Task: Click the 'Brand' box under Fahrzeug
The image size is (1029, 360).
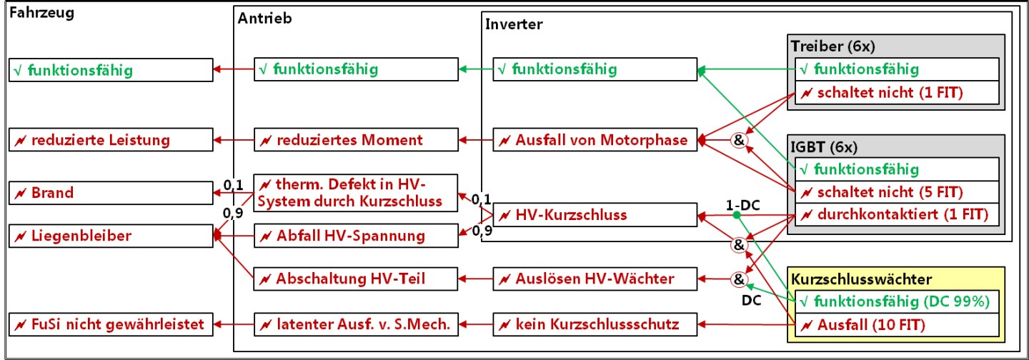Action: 111,193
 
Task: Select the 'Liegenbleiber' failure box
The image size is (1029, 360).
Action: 111,236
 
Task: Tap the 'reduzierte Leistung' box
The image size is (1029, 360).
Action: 111,139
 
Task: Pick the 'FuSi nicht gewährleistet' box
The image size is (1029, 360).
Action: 111,324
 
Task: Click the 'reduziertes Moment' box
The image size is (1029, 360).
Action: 356,139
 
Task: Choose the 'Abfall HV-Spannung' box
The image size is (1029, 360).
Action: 356,236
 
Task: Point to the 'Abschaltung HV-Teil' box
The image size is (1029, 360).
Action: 356,279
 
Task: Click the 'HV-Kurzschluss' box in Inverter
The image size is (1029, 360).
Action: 595,214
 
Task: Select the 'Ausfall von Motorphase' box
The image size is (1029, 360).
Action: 595,139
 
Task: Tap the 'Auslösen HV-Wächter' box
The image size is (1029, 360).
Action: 595,279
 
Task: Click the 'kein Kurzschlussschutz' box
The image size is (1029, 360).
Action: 595,324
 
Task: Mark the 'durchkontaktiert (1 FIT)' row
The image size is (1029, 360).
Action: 898,214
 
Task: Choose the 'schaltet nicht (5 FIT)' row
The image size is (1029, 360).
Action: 898,192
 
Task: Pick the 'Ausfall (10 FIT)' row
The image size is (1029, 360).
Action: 898,325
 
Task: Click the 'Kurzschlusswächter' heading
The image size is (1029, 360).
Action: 861,279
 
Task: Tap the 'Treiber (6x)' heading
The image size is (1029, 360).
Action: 833,46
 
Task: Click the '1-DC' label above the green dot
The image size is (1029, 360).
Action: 743,205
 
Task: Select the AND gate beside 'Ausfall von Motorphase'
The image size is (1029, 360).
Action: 739,140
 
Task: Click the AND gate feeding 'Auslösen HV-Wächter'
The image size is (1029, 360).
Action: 739,279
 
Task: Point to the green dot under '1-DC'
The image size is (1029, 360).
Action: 736,215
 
